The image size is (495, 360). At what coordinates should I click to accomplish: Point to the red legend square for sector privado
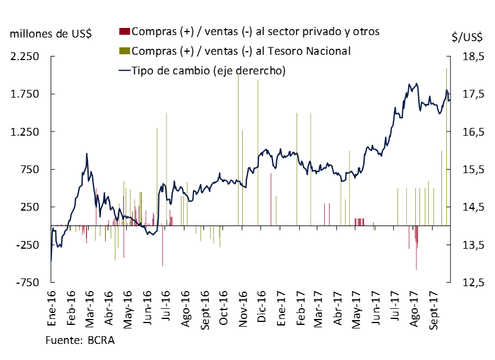(124, 31)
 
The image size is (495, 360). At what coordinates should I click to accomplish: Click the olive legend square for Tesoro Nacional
(124, 51)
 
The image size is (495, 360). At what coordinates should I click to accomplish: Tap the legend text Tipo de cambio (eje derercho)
(209, 70)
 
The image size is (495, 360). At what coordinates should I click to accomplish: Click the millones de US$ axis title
(51, 33)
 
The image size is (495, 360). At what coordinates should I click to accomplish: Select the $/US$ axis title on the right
(467, 37)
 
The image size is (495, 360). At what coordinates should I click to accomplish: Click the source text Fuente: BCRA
(80, 340)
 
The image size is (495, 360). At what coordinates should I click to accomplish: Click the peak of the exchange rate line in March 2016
(87, 154)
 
